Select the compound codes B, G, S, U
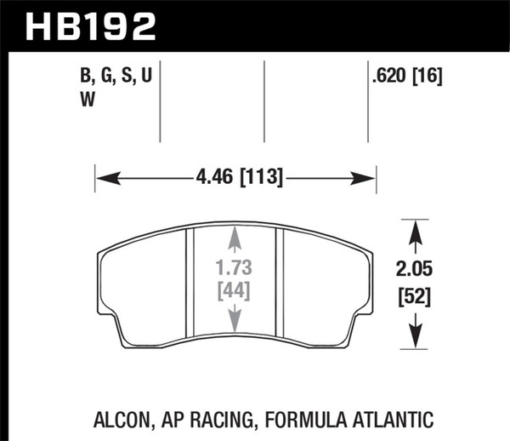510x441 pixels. pos(116,77)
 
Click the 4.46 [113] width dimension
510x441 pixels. pos(235,179)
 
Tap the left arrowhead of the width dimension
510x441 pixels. pos(100,179)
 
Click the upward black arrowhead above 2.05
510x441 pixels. pos(414,228)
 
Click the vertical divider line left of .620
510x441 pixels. pos(367,102)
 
